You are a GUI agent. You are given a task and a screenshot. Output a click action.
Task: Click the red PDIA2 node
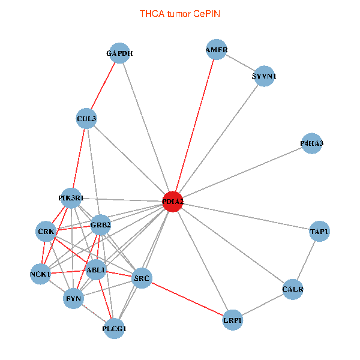point(173,202)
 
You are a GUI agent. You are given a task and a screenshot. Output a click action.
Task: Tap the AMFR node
point(216,49)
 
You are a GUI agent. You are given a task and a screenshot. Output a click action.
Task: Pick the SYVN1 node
point(264,76)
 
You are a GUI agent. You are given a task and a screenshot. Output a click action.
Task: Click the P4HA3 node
point(311,143)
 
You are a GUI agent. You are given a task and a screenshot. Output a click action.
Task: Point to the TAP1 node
point(319,231)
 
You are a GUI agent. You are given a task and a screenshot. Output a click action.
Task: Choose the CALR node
point(293,290)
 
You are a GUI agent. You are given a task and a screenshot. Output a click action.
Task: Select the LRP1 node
point(232,320)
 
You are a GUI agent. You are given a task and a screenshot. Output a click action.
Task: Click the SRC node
point(142,277)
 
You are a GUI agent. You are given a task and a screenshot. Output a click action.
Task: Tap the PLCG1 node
point(115,328)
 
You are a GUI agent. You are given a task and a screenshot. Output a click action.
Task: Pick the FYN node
point(74,298)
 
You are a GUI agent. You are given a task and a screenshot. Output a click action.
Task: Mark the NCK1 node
point(40,274)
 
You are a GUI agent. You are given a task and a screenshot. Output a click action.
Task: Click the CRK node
point(46,231)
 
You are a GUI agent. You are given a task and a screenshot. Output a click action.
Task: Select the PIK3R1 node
point(71,197)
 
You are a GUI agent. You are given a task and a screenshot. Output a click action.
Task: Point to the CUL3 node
point(86,119)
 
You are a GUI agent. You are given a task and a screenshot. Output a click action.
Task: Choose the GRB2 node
point(100,226)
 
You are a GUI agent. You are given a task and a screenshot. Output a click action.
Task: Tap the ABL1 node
point(96,270)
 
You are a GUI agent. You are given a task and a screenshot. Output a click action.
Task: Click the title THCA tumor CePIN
point(179,13)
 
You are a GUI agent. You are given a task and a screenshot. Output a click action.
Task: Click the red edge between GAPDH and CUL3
point(103,86)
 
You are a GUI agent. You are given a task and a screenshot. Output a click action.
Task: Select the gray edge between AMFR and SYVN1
point(240,63)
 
